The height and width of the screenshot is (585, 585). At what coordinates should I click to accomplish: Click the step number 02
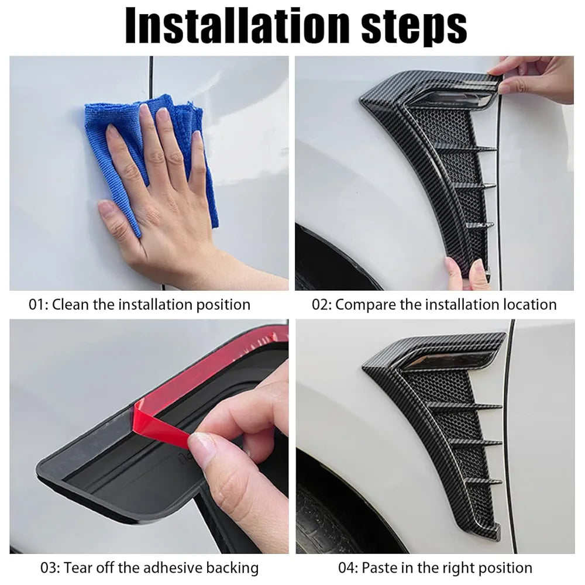(321, 305)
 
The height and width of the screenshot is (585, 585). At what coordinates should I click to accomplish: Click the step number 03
(49, 567)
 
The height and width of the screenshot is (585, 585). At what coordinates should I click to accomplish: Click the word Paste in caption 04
(380, 567)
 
